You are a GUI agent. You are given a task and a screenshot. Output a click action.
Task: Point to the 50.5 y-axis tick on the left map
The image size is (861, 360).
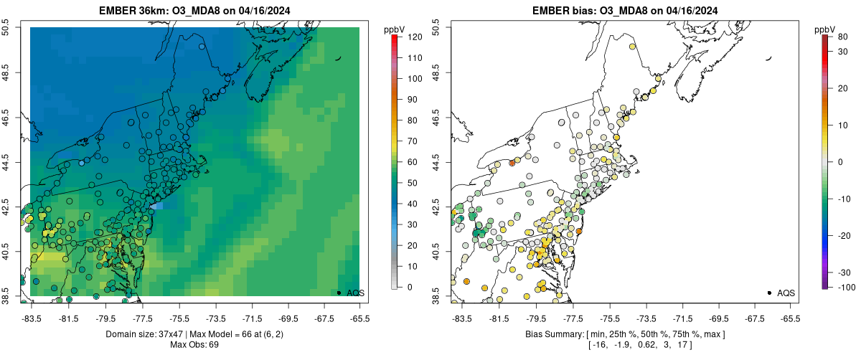point(7,28)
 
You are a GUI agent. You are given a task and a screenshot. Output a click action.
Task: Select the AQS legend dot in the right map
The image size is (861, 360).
point(769,293)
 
